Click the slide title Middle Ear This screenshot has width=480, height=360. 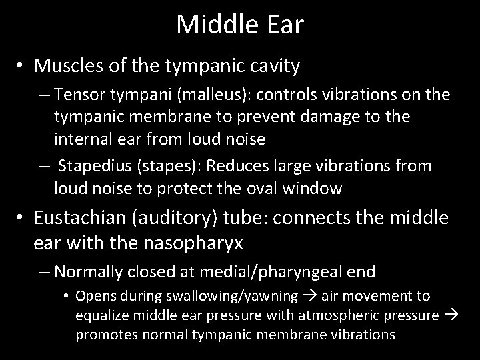click(240, 25)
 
